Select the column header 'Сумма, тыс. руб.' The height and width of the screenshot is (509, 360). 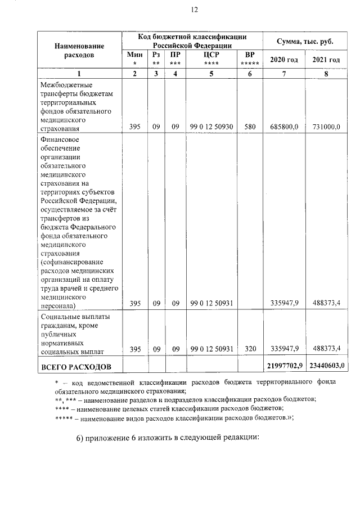point(304,42)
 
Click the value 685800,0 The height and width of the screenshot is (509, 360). point(284,128)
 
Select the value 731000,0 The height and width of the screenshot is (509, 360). point(326,128)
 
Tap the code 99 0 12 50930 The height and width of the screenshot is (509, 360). point(211,128)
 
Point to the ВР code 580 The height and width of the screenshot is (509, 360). point(250,128)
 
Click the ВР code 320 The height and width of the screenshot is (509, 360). point(250,349)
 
